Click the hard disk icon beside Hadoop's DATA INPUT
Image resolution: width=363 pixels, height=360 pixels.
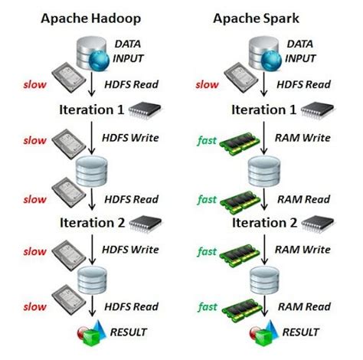pos(65,78)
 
